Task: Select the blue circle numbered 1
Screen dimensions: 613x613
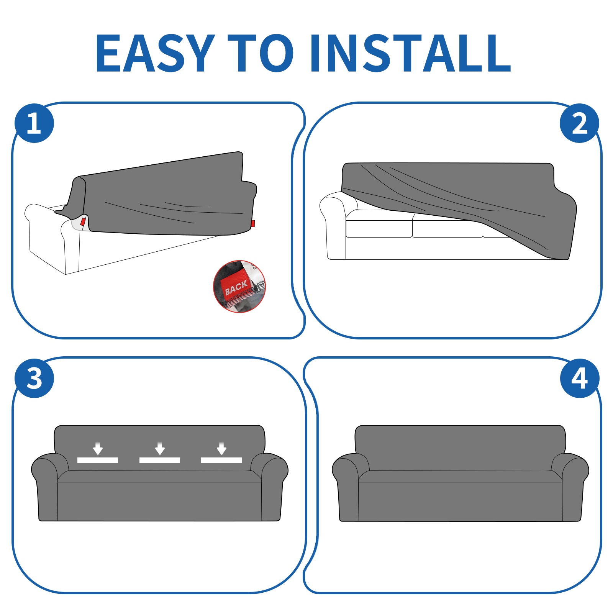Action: pos(34,123)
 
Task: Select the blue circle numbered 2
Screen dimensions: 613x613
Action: pos(579,123)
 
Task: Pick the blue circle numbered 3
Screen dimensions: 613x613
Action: pos(34,379)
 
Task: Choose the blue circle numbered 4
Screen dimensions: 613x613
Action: pos(579,379)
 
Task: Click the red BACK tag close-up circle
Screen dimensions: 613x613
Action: pos(239,287)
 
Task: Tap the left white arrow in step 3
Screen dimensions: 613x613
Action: pos(98,448)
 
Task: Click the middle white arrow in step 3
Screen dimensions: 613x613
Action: pos(160,448)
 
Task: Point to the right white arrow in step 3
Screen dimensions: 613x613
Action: pos(221,448)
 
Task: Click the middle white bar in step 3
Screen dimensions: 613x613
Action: pos(160,460)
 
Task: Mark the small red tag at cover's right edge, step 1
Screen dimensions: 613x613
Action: pos(253,223)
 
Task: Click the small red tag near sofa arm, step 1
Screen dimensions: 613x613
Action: pos(83,222)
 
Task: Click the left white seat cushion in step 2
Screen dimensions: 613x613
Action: pos(379,229)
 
